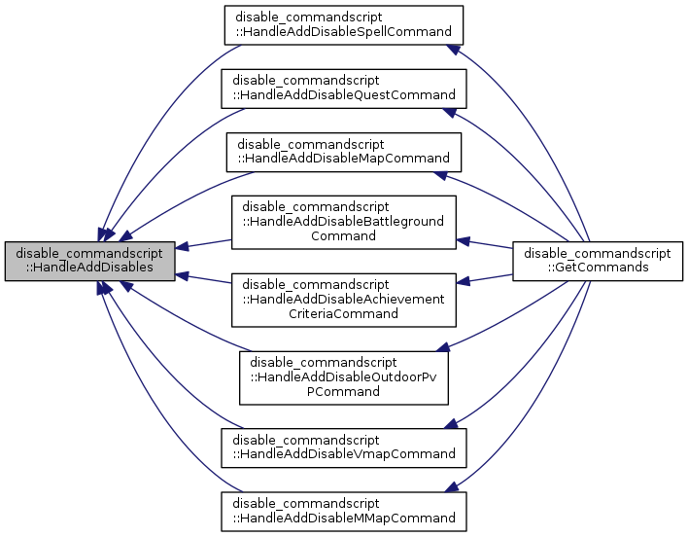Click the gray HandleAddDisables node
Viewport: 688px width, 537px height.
(x=90, y=262)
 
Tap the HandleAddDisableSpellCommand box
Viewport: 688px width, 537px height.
(x=344, y=25)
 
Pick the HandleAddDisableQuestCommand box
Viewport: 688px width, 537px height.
(x=344, y=88)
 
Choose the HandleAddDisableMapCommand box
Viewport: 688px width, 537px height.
(x=344, y=150)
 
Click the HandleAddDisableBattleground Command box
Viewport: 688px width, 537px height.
(x=343, y=221)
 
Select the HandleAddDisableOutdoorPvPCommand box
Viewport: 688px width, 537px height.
(x=343, y=377)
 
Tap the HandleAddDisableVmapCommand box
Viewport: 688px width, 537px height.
(x=344, y=447)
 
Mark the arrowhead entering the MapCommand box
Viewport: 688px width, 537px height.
(x=442, y=174)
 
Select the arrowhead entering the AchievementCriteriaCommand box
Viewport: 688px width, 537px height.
(x=464, y=282)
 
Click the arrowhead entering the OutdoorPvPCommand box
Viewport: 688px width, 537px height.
(x=443, y=346)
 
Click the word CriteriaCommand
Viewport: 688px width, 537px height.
(x=343, y=313)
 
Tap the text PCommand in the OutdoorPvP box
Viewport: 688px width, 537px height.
(x=343, y=391)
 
